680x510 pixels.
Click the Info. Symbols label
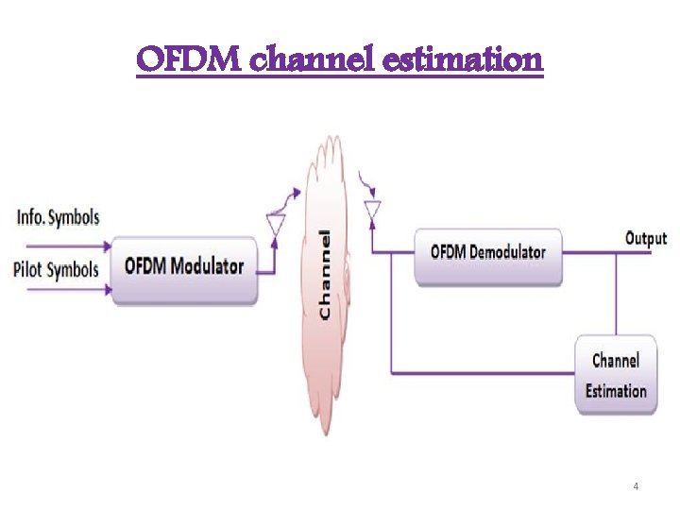click(x=58, y=218)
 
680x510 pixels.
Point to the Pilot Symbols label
click(x=57, y=270)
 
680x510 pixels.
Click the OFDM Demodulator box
click(x=488, y=253)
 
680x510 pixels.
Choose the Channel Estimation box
click(x=616, y=375)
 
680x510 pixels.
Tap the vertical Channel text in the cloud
click(x=325, y=274)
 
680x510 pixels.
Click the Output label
click(x=646, y=239)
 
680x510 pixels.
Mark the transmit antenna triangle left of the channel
click(x=277, y=225)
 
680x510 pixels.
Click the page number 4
click(x=636, y=486)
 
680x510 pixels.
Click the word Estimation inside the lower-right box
click(x=616, y=391)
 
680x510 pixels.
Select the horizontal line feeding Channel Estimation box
click(x=482, y=374)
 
